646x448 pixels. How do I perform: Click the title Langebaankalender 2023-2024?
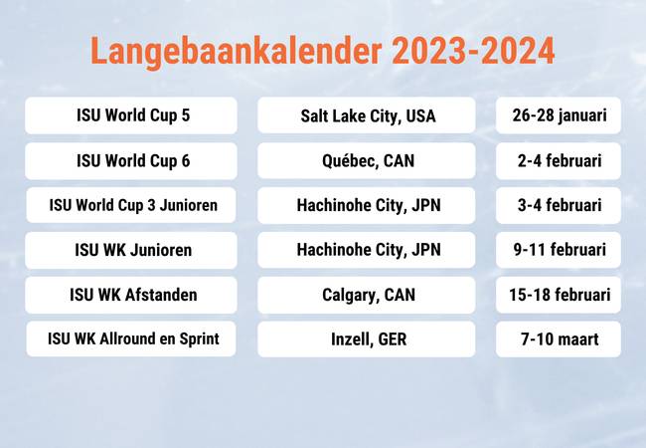323,51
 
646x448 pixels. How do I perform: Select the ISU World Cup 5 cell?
131,115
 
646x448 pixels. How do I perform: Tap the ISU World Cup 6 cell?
131,161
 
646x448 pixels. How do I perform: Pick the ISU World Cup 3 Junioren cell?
131,205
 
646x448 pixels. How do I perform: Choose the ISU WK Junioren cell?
131,250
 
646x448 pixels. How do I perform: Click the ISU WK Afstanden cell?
131,295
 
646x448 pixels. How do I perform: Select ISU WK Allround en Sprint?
131,339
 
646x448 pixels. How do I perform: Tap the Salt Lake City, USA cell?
367,115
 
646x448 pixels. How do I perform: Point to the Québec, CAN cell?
367,161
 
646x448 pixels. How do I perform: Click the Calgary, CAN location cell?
367,295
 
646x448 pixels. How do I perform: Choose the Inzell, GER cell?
367,339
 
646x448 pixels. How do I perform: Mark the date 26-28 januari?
559,115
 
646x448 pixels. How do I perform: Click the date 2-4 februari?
559,161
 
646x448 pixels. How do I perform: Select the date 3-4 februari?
559,205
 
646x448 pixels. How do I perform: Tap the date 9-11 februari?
559,250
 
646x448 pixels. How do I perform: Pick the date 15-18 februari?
559,295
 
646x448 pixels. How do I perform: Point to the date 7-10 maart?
559,339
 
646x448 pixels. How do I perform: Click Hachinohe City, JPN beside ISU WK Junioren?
367,250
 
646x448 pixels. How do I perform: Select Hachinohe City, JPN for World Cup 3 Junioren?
367,205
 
